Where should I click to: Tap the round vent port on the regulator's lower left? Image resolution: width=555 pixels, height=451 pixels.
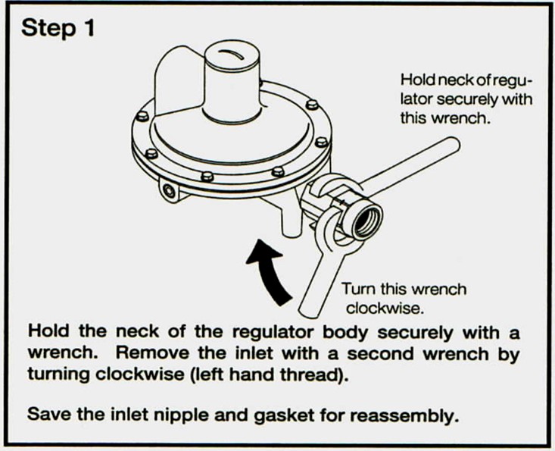pyautogui.click(x=169, y=192)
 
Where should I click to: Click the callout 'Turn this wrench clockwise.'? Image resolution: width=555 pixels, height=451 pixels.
pyautogui.click(x=404, y=298)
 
